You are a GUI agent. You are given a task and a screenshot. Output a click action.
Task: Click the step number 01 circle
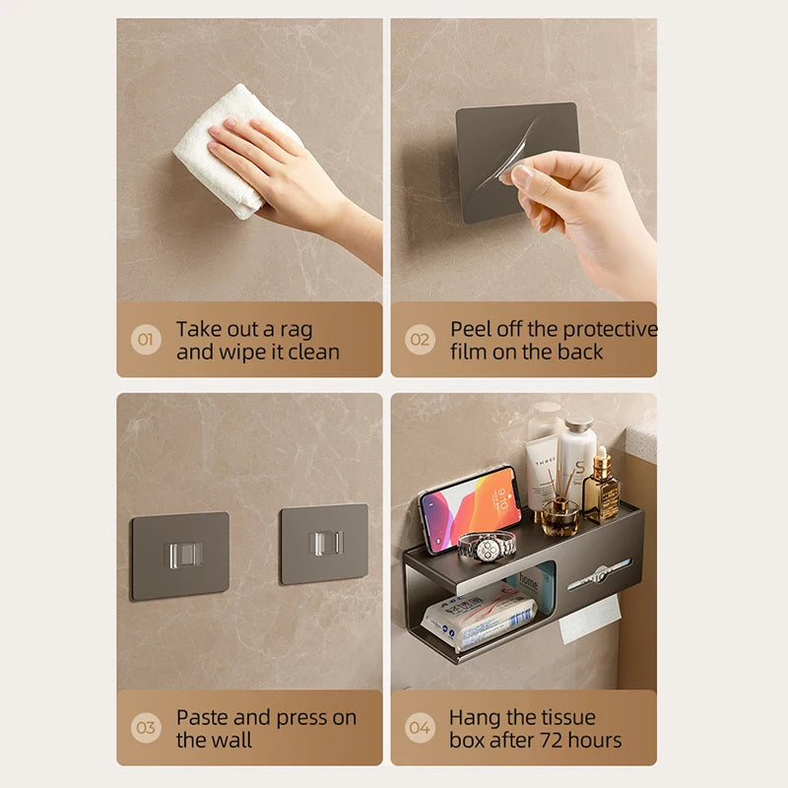146,341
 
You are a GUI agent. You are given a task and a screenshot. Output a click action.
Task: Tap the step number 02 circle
421,341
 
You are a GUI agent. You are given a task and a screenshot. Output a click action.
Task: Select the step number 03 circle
146,729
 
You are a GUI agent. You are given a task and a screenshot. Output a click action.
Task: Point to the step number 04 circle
421,729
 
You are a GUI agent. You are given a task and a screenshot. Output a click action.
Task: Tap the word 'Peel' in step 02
472,329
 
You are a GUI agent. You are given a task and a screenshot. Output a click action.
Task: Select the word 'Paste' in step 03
203,717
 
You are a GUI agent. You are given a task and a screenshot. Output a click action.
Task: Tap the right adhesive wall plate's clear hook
325,543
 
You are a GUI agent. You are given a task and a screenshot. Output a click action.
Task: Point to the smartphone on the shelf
469,509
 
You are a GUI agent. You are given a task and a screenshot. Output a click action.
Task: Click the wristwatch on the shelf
487,545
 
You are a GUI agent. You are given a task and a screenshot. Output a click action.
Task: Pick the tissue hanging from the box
589,618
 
